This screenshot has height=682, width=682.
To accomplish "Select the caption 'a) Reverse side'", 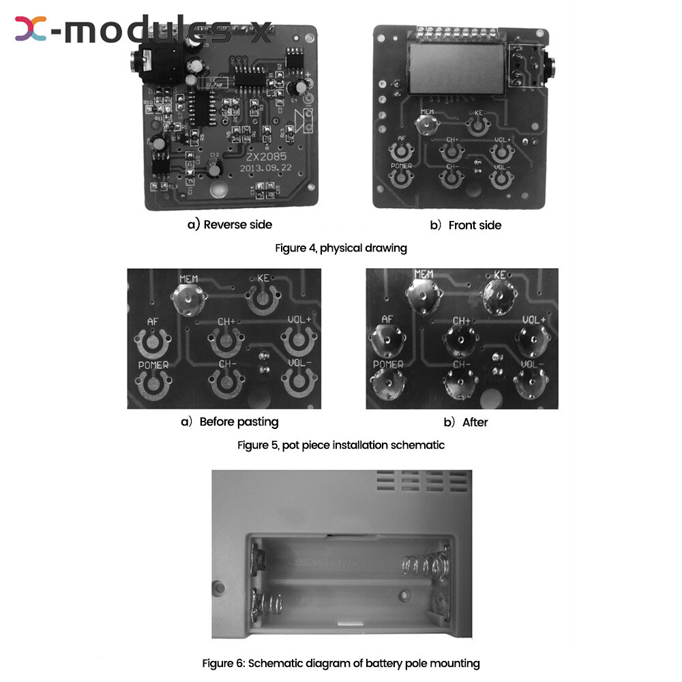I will [x=230, y=224].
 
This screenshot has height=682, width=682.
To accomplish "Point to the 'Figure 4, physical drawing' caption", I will [x=341, y=248].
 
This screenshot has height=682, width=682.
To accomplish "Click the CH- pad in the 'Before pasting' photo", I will [x=226, y=383].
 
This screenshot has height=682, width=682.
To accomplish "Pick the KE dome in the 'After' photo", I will [x=497, y=294].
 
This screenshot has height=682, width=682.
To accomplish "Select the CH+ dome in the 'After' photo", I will [x=462, y=339].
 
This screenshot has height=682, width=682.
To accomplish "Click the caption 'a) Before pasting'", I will [x=230, y=422].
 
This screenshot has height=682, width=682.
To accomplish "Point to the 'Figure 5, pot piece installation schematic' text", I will [x=341, y=445].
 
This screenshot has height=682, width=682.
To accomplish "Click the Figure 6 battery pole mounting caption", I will [x=341, y=663].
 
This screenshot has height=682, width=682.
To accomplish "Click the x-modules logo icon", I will [x=31, y=28].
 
